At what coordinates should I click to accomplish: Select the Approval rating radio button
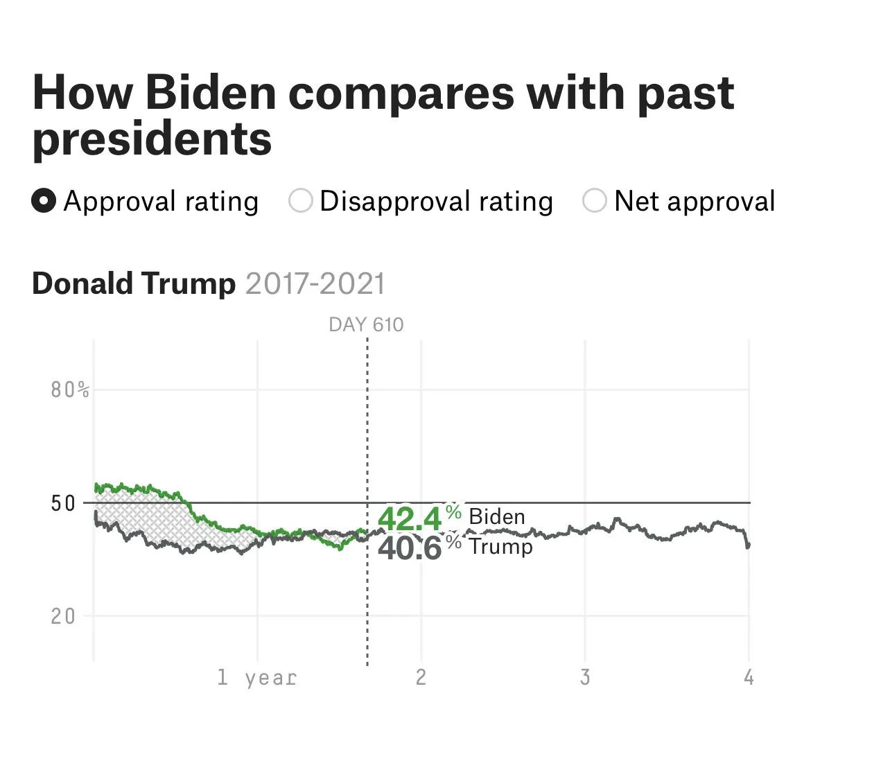(44, 202)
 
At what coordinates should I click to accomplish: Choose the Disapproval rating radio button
(300, 202)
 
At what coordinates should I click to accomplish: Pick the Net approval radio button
(594, 202)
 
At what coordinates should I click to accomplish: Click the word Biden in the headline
(211, 93)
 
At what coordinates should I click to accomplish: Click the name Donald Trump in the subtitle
(134, 284)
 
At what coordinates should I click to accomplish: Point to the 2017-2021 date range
(315, 284)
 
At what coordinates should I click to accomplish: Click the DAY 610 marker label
(366, 325)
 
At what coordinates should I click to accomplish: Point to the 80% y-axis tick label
(70, 390)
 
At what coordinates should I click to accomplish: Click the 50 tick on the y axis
(62, 503)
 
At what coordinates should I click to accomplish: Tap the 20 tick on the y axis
(62, 616)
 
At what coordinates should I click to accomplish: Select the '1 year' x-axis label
(256, 677)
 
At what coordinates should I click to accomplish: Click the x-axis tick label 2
(421, 677)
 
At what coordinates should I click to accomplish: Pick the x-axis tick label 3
(585, 677)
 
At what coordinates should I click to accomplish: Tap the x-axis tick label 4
(749, 677)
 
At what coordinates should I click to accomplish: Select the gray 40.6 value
(410, 548)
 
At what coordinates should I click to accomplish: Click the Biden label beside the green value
(497, 517)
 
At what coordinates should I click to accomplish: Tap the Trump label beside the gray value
(500, 547)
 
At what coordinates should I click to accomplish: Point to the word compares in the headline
(401, 93)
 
